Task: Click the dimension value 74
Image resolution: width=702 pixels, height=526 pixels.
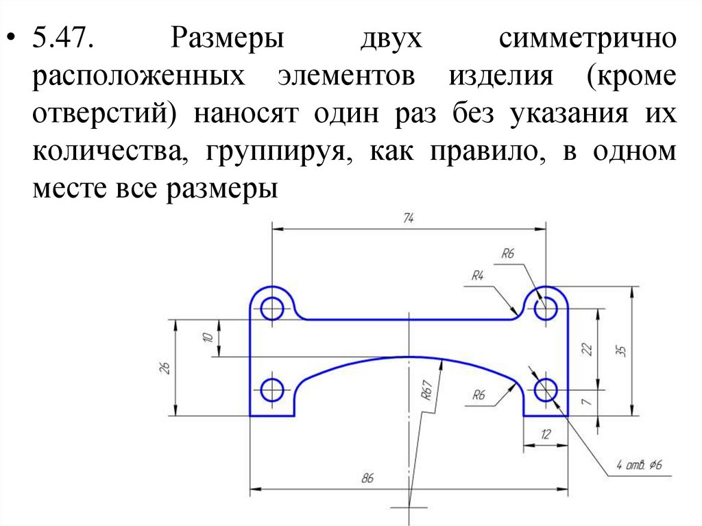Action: tap(409, 218)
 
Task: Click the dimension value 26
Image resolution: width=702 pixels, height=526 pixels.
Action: tap(165, 368)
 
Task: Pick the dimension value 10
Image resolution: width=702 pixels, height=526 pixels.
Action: tap(207, 337)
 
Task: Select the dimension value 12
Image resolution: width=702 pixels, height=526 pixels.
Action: tap(546, 433)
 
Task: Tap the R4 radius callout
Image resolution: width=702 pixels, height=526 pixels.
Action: tap(478, 276)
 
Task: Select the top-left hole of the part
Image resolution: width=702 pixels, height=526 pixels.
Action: tap(272, 309)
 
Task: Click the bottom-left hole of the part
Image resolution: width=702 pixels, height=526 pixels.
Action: tap(272, 390)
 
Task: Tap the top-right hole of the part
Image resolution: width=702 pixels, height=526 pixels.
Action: tap(546, 309)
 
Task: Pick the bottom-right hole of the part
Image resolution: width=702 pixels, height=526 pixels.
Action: tap(546, 390)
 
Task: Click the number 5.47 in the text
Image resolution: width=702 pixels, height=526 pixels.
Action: tap(62, 37)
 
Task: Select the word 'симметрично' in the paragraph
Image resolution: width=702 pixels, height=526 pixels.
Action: tap(588, 37)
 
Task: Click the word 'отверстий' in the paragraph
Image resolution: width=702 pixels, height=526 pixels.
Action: tap(106, 112)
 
